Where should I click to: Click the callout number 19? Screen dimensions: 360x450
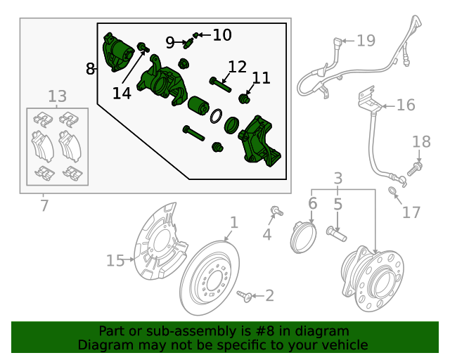point(366,41)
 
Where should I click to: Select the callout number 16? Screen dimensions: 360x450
point(406,105)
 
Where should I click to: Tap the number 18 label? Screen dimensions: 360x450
point(421,142)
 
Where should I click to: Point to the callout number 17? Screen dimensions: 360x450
point(411,212)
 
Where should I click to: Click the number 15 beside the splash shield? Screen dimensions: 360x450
point(115,261)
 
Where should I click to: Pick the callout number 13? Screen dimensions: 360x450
point(58,96)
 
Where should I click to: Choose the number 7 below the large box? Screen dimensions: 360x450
point(44,207)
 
